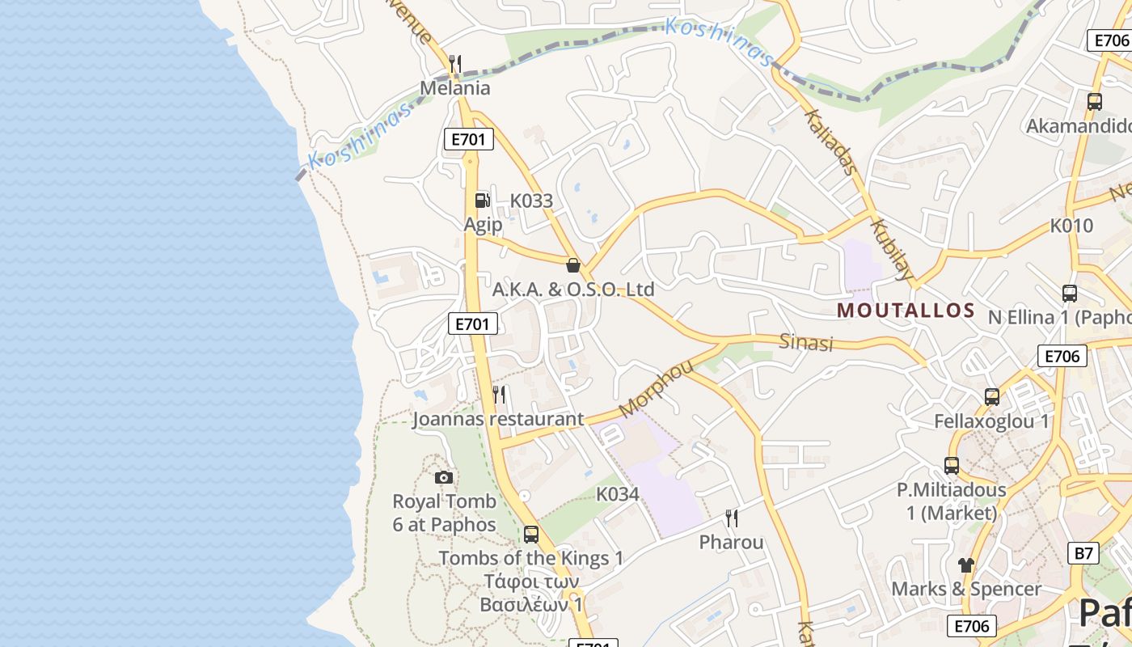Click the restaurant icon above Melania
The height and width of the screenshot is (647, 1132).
coord(455,64)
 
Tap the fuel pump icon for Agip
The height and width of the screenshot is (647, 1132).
coord(482,200)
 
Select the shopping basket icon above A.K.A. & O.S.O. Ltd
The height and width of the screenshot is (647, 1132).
coord(573,265)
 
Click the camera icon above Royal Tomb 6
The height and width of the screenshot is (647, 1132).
coord(444,478)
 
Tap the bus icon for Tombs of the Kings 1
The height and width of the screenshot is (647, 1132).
coord(531,535)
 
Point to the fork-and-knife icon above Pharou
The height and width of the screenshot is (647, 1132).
coord(732,518)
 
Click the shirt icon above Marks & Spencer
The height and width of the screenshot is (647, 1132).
coord(966,565)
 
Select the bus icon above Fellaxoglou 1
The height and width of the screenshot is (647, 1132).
coord(992,397)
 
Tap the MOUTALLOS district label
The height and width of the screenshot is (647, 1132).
coord(906,311)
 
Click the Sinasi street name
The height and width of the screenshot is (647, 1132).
coord(806,342)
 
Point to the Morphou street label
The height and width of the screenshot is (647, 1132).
coord(656,389)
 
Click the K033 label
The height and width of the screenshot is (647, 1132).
coord(531,201)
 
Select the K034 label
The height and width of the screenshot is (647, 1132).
coord(618,494)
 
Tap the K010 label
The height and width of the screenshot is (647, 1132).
coord(1072,226)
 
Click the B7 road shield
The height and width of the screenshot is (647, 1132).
coord(1083,554)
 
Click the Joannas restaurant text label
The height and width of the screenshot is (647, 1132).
coord(497,419)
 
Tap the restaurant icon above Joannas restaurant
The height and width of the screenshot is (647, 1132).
coord(500,395)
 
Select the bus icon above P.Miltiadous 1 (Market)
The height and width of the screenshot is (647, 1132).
coord(952,466)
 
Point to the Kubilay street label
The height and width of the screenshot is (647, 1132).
coord(893,248)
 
